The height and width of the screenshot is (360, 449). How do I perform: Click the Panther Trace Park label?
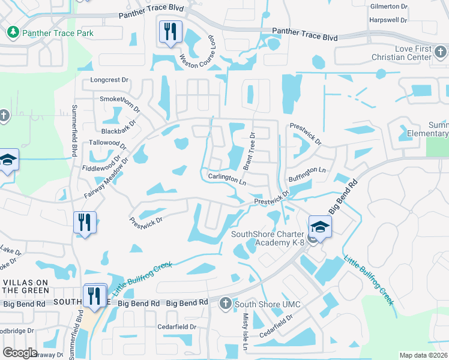58,33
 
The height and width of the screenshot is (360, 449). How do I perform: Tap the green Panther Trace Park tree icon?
13,32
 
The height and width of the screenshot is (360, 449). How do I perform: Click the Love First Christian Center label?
421,53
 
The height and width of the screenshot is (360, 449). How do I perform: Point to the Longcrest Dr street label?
109,79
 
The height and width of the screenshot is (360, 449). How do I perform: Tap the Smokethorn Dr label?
120,103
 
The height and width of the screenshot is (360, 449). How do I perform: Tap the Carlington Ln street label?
228,178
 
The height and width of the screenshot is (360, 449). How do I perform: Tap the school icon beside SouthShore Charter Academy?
320,227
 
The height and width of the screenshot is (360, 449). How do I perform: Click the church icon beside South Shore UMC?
225,304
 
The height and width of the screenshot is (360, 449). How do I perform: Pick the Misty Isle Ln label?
245,334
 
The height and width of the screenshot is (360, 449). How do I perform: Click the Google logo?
20,353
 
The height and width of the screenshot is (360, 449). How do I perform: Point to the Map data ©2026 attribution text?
424,355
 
